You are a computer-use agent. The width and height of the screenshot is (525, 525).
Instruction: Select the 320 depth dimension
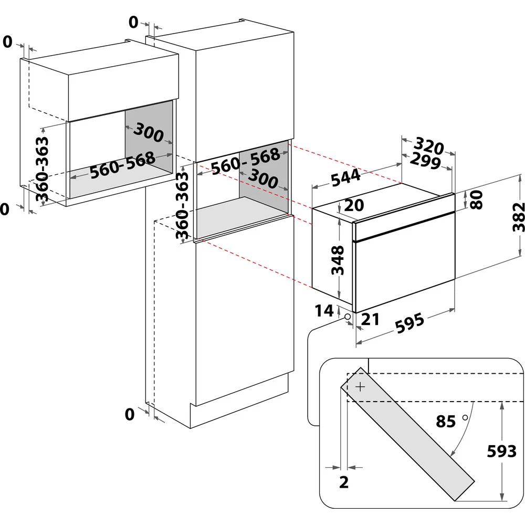point(429,145)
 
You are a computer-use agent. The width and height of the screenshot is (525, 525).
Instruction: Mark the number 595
point(409,322)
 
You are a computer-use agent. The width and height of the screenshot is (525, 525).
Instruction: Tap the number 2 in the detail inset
point(344,481)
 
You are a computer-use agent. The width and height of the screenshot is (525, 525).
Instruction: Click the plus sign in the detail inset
point(360,387)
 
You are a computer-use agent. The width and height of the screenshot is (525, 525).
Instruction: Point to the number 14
point(324,311)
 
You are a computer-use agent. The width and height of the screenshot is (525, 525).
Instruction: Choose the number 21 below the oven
point(371,320)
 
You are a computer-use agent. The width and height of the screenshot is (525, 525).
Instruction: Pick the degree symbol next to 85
point(465,417)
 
